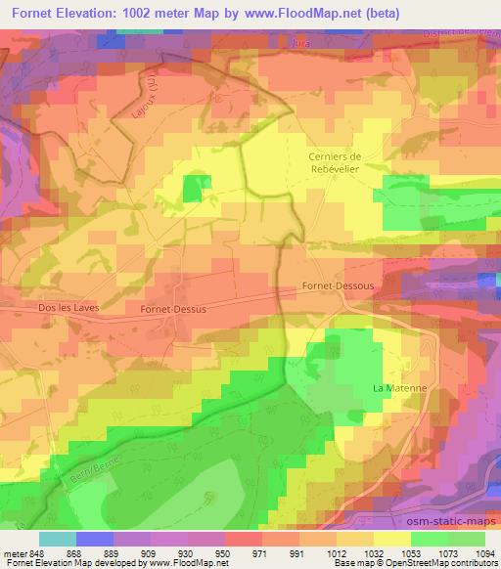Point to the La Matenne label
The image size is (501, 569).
tap(400, 388)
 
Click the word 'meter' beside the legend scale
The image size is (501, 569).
tap(15, 553)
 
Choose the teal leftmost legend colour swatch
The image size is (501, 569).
tap(58, 539)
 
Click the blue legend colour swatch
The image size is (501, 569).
tap(95, 539)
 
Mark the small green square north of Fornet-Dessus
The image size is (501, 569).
tap(191, 190)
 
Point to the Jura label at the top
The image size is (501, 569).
tap(300, 43)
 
